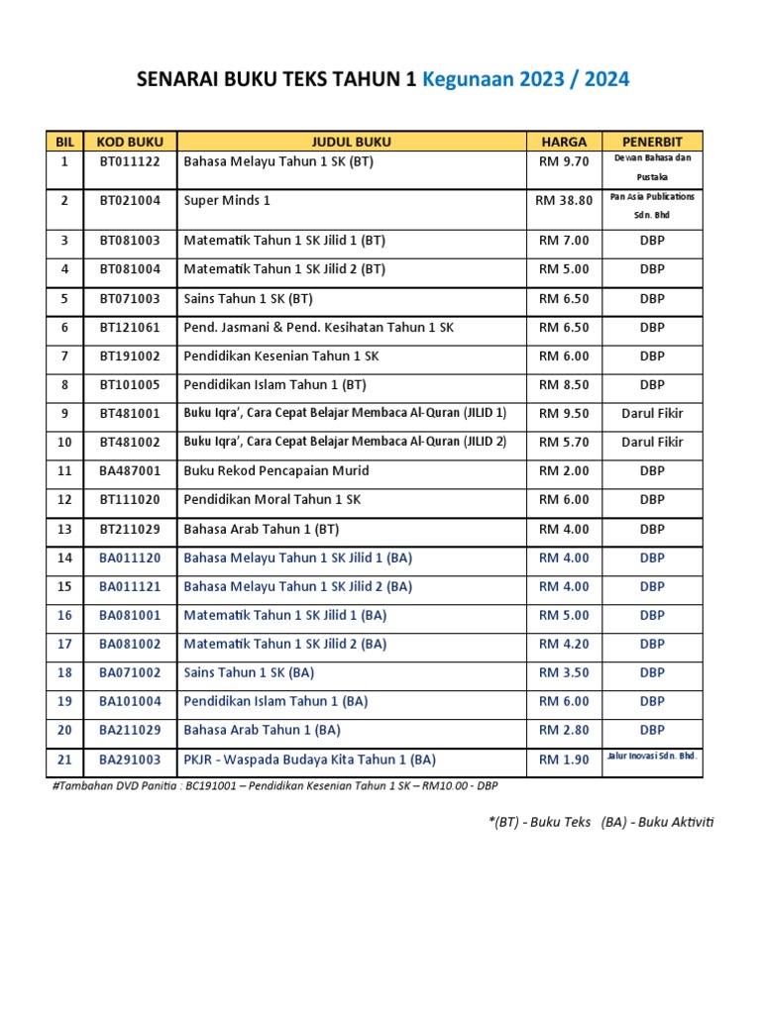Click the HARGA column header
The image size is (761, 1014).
click(563, 141)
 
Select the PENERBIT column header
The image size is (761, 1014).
click(652, 141)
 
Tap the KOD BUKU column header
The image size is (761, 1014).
click(130, 141)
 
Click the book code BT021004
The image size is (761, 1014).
click(130, 200)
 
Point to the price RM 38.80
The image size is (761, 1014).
click(564, 200)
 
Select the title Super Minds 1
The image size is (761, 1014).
click(227, 200)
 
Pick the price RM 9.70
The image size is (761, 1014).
click(564, 161)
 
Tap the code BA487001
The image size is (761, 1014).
click(130, 470)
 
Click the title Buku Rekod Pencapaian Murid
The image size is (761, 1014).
click(276, 470)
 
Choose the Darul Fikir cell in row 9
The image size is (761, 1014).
click(652, 413)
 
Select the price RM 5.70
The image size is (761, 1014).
click(564, 442)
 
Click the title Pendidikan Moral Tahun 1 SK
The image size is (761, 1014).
click(272, 500)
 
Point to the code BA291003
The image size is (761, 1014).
click(130, 760)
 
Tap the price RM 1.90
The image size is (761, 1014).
click(564, 760)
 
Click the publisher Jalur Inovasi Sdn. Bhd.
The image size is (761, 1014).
click(652, 756)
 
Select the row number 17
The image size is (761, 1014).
click(64, 644)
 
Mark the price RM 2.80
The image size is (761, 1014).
click(564, 730)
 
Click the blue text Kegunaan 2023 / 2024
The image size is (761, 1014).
click(525, 79)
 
